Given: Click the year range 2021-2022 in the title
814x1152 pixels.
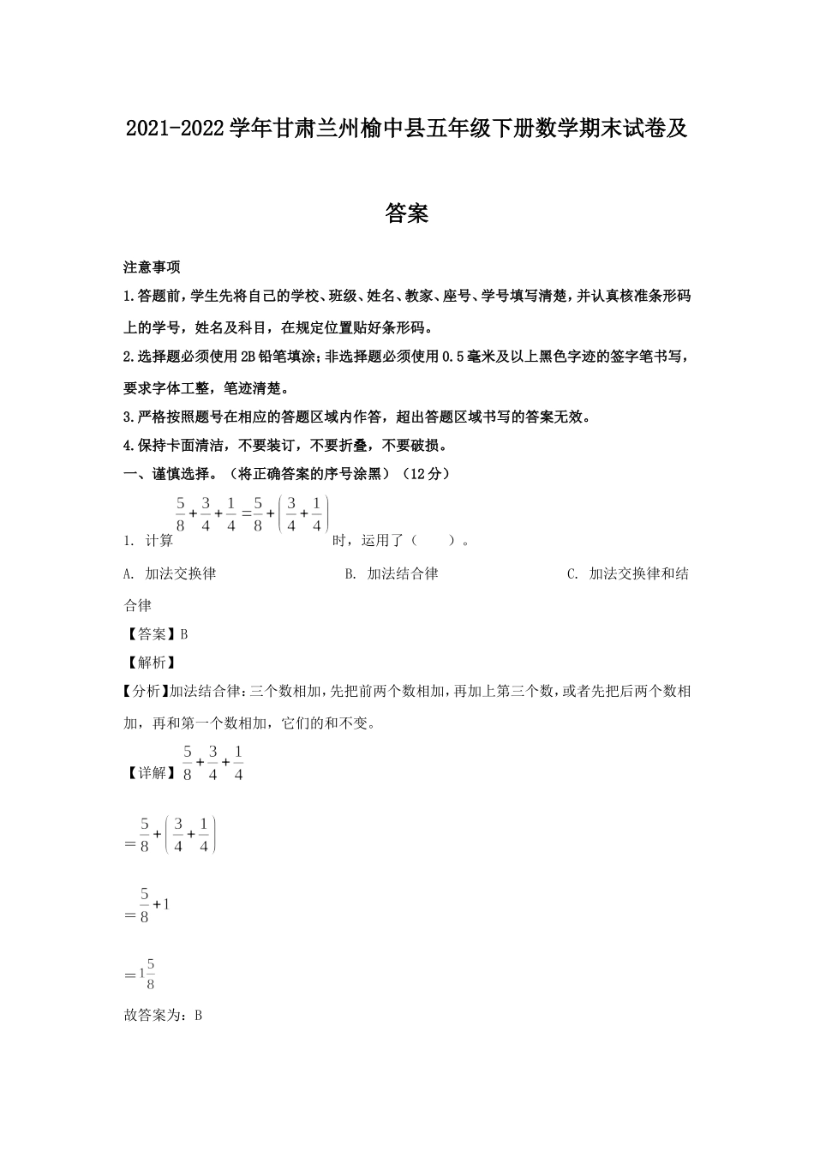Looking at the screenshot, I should click(x=176, y=129).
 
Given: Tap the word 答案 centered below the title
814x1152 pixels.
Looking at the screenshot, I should click(x=407, y=213).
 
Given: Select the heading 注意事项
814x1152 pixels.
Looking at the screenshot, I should click(x=152, y=267).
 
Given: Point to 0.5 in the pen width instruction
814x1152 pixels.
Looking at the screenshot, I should click(x=456, y=357).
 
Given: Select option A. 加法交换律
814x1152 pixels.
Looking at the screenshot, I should click(x=170, y=573).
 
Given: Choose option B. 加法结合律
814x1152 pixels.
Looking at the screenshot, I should click(x=392, y=573).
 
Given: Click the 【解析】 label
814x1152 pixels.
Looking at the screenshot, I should click(x=150, y=663).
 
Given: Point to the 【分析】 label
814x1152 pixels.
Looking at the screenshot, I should click(x=147, y=691).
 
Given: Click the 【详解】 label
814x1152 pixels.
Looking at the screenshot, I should click(x=147, y=772).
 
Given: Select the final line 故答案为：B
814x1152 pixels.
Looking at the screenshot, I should click(x=163, y=1016).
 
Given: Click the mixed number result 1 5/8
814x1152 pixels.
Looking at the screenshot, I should click(x=142, y=974).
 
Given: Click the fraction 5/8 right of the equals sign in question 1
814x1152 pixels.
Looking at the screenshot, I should click(x=257, y=514).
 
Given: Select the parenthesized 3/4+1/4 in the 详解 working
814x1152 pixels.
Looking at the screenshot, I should click(x=190, y=835).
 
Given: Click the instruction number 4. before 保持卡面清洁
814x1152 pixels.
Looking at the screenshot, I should click(x=129, y=445).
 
